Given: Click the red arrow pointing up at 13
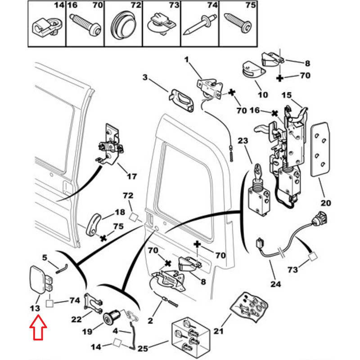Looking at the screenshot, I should point(38,329).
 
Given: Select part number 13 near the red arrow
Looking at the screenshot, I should point(35,308).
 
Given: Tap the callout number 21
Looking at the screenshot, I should point(219,332).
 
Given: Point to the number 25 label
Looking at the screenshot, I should point(144,347).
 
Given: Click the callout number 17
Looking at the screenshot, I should point(131,176).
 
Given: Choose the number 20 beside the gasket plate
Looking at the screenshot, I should point(325,203).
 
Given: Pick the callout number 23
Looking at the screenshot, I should point(243,141).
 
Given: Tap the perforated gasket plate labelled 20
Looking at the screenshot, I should point(320,148).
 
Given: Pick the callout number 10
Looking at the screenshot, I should point(263,95).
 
